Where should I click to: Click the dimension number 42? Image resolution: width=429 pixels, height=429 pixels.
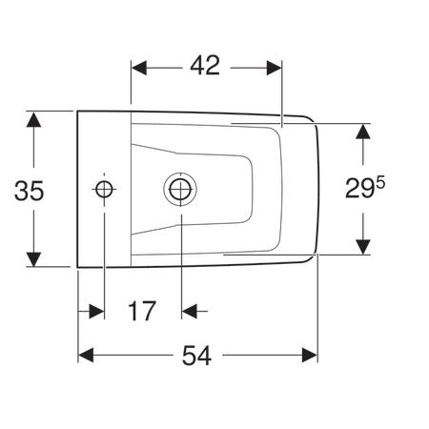pyautogui.click(x=205, y=66)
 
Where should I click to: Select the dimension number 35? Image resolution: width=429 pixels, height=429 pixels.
pyautogui.click(x=29, y=191)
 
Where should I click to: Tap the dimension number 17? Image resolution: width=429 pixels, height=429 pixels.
pyautogui.click(x=142, y=311)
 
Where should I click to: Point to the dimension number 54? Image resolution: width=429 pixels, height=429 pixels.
pyautogui.click(x=196, y=356)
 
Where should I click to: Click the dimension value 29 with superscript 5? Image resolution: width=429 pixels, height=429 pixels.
pyautogui.click(x=365, y=188)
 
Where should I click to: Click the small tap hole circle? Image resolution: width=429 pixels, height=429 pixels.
pyautogui.click(x=104, y=189)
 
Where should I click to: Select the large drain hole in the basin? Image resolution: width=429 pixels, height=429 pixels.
pyautogui.click(x=180, y=189)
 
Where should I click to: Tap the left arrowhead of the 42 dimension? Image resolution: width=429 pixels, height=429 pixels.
pyautogui.click(x=139, y=68)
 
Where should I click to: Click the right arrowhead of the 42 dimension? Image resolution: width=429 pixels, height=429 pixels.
pyautogui.click(x=275, y=68)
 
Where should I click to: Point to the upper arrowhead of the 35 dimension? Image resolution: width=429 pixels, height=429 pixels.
pyautogui.click(x=33, y=119)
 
